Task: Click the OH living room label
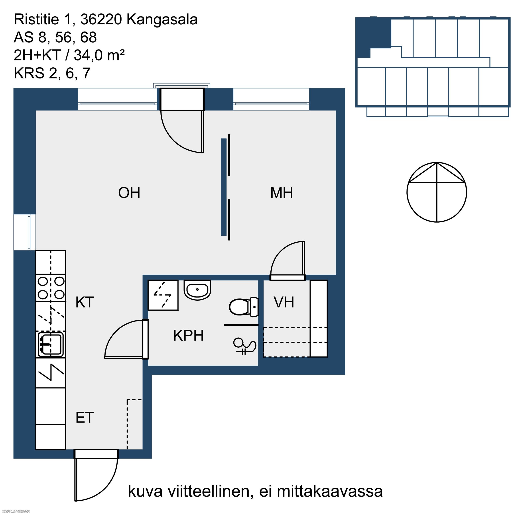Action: tap(129, 193)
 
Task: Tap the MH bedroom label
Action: tap(282, 193)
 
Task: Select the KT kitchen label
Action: tap(85, 302)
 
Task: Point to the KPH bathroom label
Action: tap(188, 335)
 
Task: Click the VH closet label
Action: tap(284, 302)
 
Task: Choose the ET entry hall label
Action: tap(85, 417)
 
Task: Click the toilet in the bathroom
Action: tap(244, 307)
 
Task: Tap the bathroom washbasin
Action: tap(197, 290)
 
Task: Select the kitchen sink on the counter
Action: tap(51, 344)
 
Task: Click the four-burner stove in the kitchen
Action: tap(51, 288)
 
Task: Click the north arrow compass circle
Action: tap(437, 192)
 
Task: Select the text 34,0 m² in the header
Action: tap(99, 55)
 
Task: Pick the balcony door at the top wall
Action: tap(182, 120)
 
